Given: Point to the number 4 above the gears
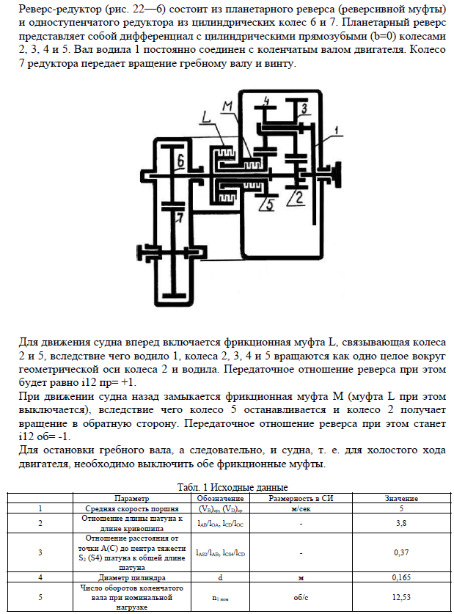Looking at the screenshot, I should pyautogui.click(x=266, y=100).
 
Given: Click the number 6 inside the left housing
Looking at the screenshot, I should pyautogui.click(x=180, y=159).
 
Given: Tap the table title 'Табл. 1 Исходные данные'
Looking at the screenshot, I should pyautogui.click(x=233, y=488).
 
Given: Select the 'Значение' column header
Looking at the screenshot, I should pyautogui.click(x=400, y=498).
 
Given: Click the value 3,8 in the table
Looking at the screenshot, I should pyautogui.click(x=400, y=524).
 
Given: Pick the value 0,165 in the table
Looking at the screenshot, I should pyautogui.click(x=400, y=578).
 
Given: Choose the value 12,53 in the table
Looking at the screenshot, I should pyautogui.click(x=400, y=597).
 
